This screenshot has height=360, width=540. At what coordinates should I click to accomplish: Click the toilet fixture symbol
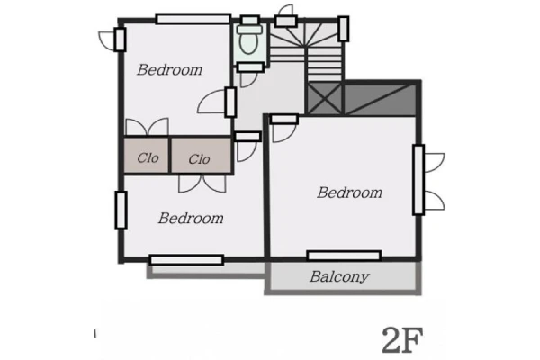(x=249, y=40)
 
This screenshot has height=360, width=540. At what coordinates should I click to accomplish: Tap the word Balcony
(x=339, y=276)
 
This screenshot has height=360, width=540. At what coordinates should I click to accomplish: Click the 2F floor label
(x=402, y=340)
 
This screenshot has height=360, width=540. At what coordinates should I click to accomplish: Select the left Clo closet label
(x=148, y=158)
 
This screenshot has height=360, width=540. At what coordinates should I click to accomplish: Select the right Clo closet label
(x=199, y=159)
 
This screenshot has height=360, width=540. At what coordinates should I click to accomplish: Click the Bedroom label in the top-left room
(x=169, y=70)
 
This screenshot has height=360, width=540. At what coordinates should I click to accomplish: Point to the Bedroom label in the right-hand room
(x=349, y=193)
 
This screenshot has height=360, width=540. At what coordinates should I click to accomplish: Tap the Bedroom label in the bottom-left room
(x=191, y=219)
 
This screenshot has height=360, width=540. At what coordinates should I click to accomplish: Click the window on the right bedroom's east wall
(x=418, y=180)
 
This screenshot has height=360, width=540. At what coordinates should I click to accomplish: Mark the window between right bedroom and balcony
(x=344, y=256)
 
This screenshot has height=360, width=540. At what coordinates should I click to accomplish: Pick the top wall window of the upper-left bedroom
(x=193, y=19)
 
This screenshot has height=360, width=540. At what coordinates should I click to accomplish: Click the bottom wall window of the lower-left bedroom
(x=186, y=260)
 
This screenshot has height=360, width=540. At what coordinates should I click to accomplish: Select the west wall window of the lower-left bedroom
(x=121, y=210)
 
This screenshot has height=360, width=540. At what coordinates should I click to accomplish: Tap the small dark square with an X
(x=324, y=98)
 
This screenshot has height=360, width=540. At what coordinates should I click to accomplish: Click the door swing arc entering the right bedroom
(x=284, y=132)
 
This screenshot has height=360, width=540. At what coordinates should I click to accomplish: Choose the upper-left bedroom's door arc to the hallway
(x=211, y=102)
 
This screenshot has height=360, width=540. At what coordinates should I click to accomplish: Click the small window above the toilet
(x=250, y=20)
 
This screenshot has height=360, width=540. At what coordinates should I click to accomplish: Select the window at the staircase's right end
(x=344, y=29)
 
